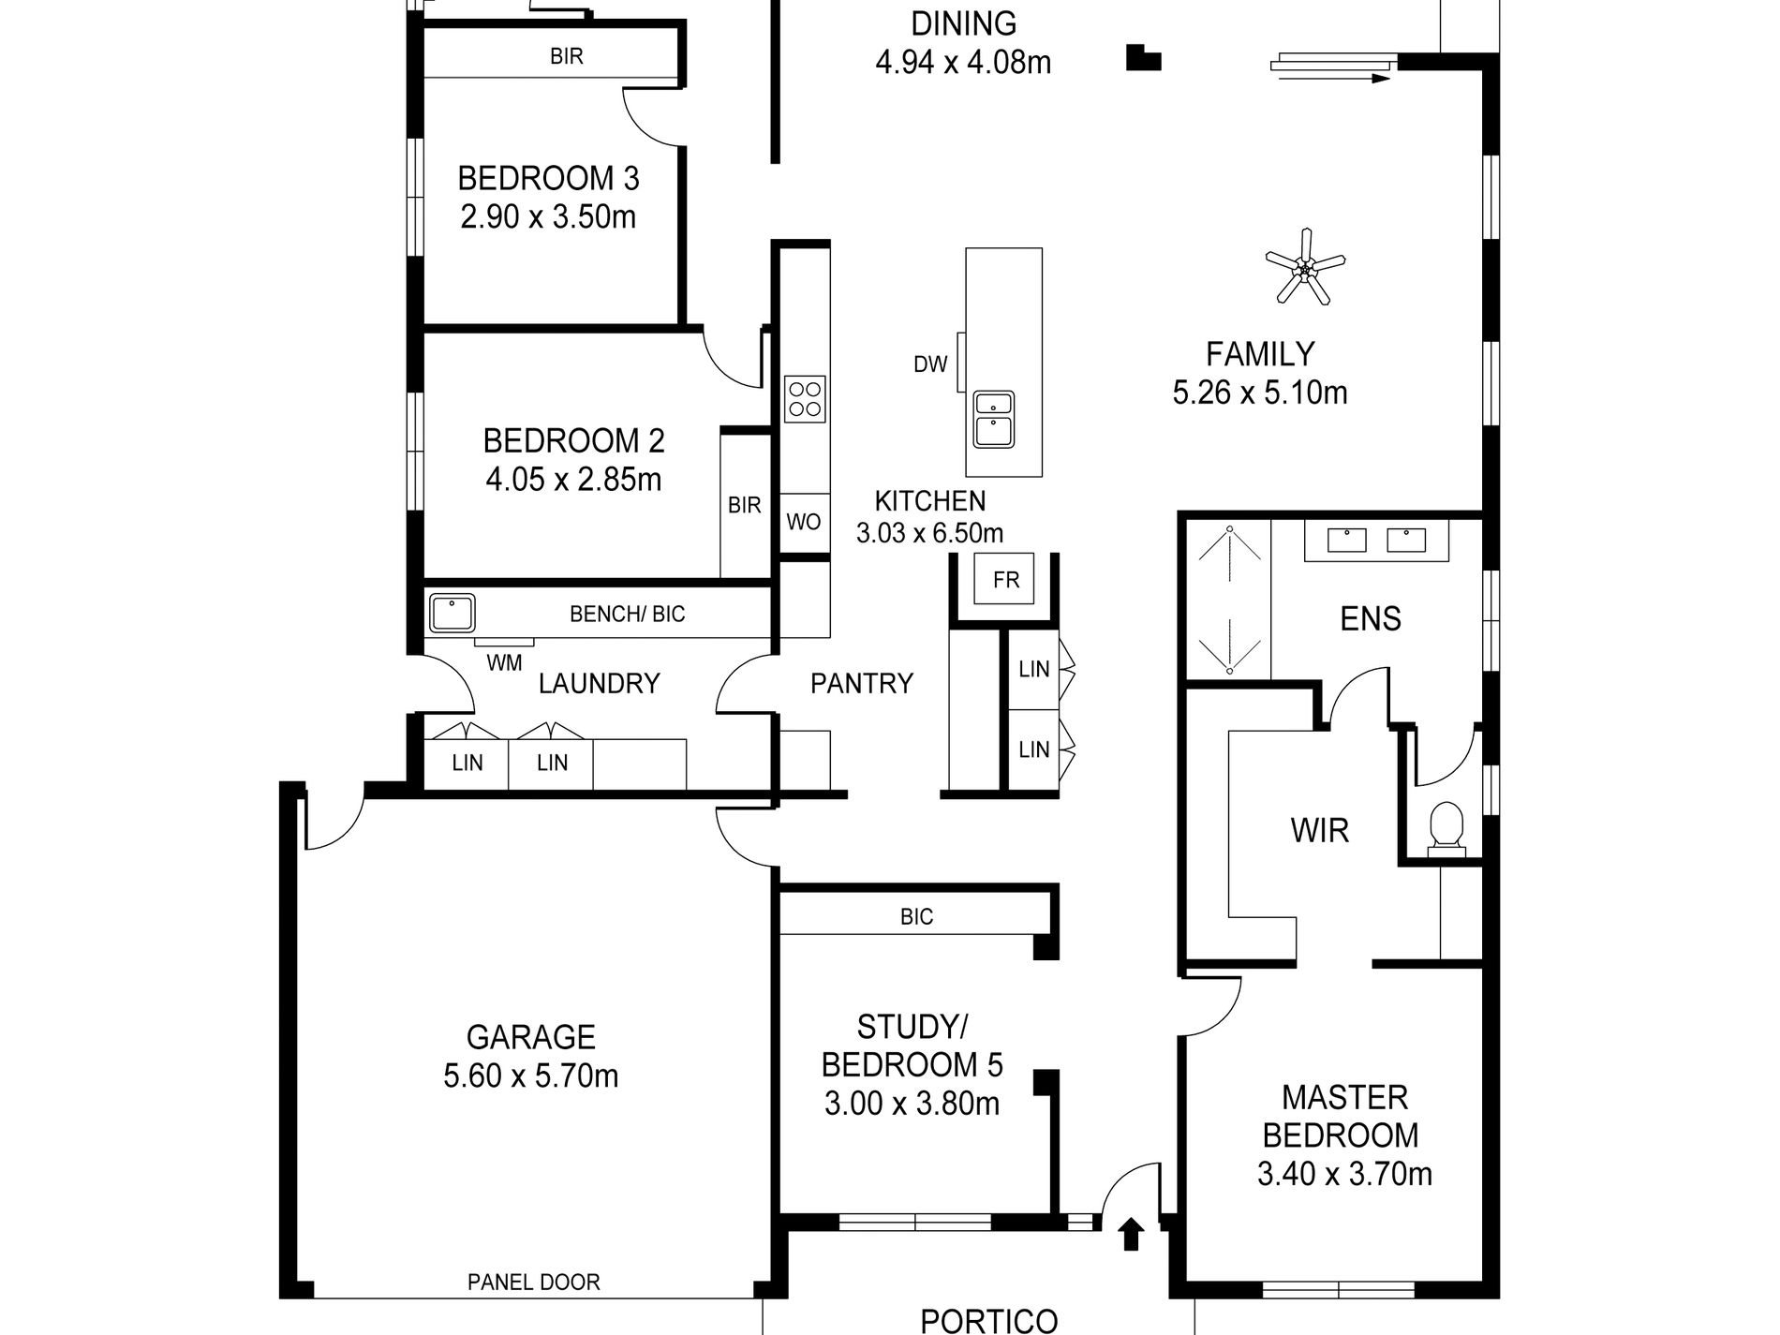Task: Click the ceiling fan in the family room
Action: tap(1303, 270)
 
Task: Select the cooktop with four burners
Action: tap(805, 397)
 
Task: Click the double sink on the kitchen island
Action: tap(993, 420)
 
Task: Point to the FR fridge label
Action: tap(1006, 580)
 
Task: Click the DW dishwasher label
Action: tap(930, 364)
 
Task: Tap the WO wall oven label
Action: tap(804, 522)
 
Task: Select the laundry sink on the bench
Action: tap(452, 613)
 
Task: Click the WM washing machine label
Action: tap(504, 663)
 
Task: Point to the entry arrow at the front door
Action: tap(1132, 1234)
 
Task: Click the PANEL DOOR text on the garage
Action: tap(533, 1282)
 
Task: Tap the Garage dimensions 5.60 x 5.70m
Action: tap(531, 1075)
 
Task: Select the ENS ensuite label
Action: tap(1371, 618)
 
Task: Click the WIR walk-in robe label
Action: tap(1320, 830)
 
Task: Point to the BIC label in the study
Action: tap(916, 916)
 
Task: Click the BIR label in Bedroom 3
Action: tap(567, 56)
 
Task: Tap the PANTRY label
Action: tap(862, 683)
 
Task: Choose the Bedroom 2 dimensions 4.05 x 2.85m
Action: tap(573, 480)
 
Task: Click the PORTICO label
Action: tap(989, 1321)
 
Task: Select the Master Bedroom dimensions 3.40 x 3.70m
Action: tap(1344, 1174)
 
